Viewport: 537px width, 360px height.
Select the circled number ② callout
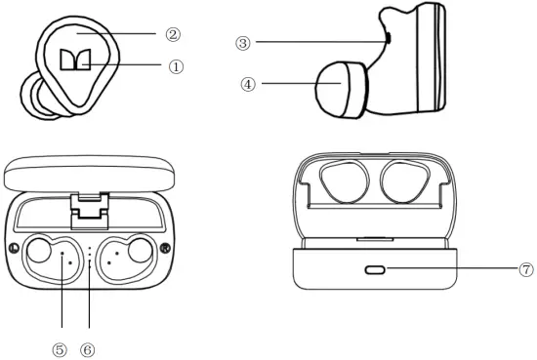pyautogui.click(x=173, y=34)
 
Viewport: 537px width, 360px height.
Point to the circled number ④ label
pyautogui.click(x=248, y=84)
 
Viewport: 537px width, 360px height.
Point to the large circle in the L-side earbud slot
pyautogui.click(x=39, y=251)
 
